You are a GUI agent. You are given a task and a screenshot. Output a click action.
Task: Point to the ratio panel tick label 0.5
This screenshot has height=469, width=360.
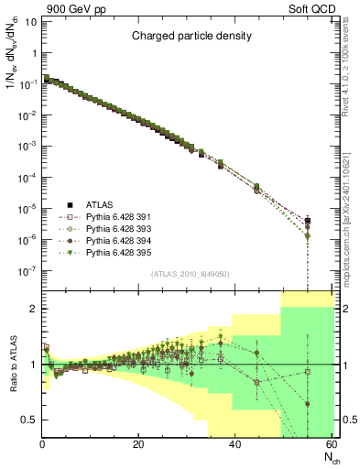coord(28,420)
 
